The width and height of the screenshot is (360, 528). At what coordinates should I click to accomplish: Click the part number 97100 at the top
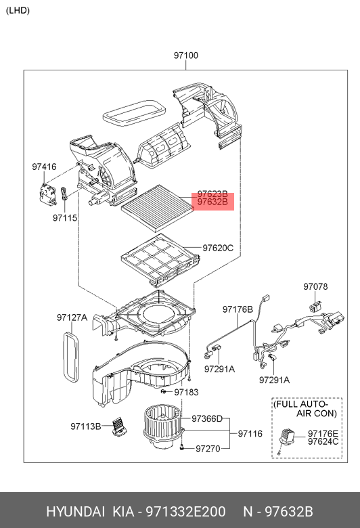click(185, 56)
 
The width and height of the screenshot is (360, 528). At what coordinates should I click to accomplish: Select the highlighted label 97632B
click(212, 202)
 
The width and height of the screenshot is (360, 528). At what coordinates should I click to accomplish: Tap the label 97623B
click(212, 193)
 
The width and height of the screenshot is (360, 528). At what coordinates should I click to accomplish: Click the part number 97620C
click(218, 248)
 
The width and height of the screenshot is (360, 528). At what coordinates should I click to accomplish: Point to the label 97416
click(44, 167)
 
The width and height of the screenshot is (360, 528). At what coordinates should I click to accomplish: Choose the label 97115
click(66, 218)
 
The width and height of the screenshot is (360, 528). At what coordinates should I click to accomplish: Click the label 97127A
click(72, 317)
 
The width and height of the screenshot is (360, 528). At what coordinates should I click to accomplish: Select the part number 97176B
click(238, 309)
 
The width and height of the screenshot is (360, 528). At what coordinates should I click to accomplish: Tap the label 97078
click(315, 286)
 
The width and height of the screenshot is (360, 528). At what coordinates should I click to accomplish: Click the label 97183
click(186, 392)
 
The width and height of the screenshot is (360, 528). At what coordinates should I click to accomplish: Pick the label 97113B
click(86, 426)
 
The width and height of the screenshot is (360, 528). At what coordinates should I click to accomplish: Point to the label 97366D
click(206, 419)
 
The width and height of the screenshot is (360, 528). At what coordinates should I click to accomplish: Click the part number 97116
click(249, 433)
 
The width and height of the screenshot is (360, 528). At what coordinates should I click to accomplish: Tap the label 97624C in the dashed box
click(322, 442)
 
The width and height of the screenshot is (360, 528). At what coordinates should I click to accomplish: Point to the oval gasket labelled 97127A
click(71, 355)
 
